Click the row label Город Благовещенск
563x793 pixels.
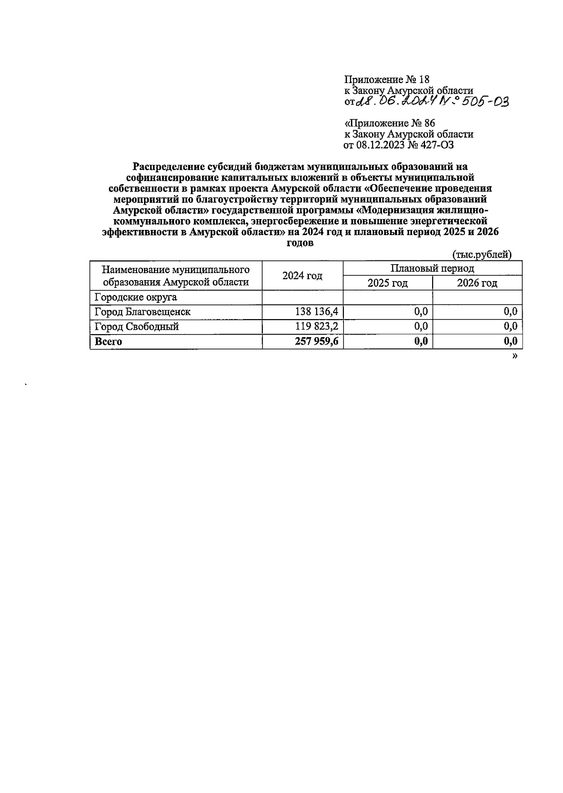pos(143,312)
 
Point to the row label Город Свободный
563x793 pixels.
pos(137,327)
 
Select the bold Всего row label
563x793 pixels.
pos(108,342)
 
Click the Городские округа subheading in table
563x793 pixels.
pos(136,297)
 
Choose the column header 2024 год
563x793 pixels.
pos(302,276)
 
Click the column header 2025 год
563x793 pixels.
pos(388,283)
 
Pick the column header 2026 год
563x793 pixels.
pos(477,283)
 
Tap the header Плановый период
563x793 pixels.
pos(432,268)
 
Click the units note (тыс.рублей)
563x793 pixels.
pos(481,255)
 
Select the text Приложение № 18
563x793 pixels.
pos(387,79)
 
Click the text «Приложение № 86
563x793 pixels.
pos(389,123)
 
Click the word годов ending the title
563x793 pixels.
pos(300,243)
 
